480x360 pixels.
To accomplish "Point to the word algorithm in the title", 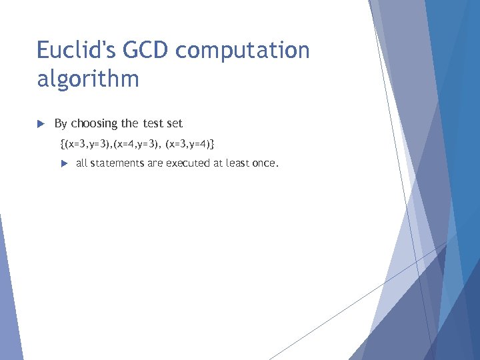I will pyautogui.click(x=88, y=79).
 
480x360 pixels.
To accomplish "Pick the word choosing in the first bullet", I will pyautogui.click(x=95, y=124).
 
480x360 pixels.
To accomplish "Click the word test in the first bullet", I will pyautogui.click(x=151, y=123).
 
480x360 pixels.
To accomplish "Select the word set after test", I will pyautogui.click(x=174, y=123).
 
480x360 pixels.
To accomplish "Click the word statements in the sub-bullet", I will pyautogui.click(x=117, y=163).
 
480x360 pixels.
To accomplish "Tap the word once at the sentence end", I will pyautogui.click(x=265, y=163).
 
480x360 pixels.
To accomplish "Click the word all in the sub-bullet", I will pyautogui.click(x=81, y=163).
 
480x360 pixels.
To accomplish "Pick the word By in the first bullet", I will pyautogui.click(x=61, y=124).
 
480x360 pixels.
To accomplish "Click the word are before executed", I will pyautogui.click(x=155, y=163).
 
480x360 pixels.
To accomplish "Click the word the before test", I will pyautogui.click(x=129, y=123).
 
